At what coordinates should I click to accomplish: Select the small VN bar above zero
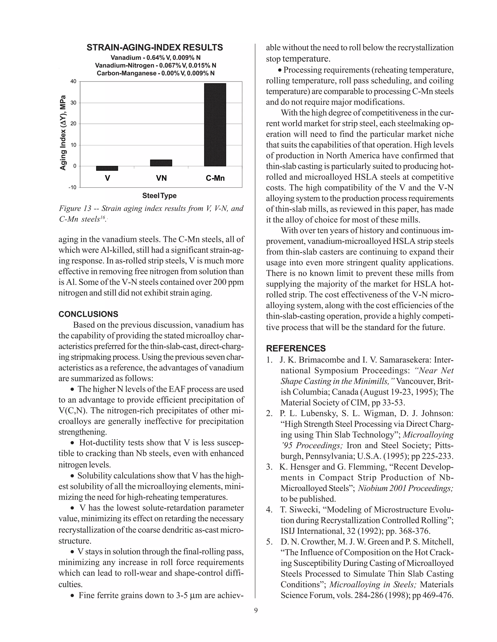coord(161,163)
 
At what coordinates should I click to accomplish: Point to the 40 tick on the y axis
coord(73,81)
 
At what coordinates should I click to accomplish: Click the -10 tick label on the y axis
coord(72,188)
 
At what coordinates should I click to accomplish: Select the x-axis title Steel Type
coord(159,196)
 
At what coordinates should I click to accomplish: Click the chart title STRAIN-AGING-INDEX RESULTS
coord(155,48)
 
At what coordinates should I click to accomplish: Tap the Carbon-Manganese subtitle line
coord(156,73)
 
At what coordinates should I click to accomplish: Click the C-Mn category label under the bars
coord(215,178)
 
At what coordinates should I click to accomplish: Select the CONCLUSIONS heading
coord(88,314)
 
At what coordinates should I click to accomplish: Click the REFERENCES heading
coord(296,348)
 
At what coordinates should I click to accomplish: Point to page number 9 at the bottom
coord(256,611)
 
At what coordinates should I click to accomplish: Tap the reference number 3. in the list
coord(269,467)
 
